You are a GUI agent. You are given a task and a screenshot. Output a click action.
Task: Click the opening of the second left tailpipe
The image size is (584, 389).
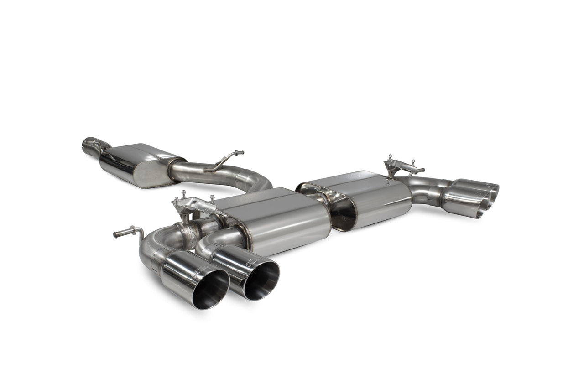click(x=261, y=280)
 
